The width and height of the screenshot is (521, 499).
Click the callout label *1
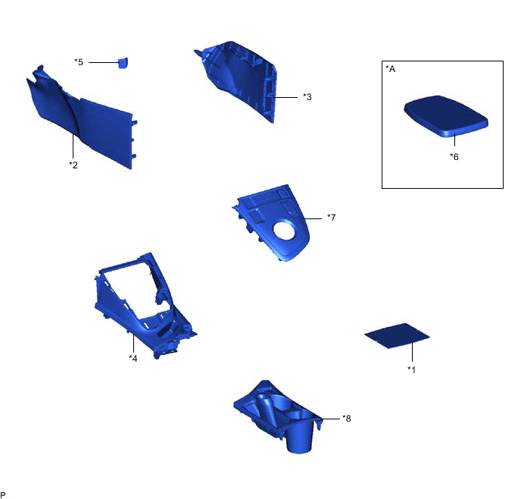(x=412, y=369)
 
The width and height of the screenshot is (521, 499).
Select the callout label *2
(x=73, y=165)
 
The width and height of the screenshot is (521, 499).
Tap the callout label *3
(x=307, y=96)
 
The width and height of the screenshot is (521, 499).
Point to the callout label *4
(x=133, y=358)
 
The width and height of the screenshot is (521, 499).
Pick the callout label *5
(x=79, y=61)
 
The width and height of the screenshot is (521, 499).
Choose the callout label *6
(x=454, y=157)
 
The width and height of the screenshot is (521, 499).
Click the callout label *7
(x=331, y=218)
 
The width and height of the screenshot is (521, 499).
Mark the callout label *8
(x=346, y=418)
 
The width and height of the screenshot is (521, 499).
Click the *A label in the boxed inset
(x=391, y=69)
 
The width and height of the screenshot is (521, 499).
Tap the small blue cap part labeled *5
(x=123, y=62)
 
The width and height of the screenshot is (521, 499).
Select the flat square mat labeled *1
(x=398, y=334)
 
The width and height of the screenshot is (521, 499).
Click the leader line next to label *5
(x=101, y=61)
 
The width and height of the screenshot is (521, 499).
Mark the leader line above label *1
(x=412, y=352)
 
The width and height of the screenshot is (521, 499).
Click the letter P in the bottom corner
(x=4, y=494)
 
